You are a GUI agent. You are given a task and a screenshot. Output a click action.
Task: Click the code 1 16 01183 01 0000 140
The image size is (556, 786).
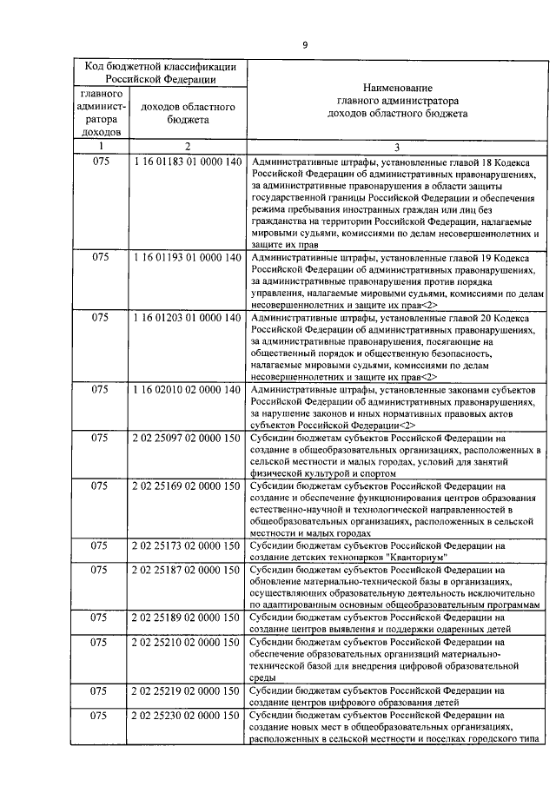click(187, 162)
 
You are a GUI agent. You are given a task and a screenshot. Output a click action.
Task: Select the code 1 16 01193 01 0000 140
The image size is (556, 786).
click(187, 258)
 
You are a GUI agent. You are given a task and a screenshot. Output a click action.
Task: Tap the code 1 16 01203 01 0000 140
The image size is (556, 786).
click(187, 318)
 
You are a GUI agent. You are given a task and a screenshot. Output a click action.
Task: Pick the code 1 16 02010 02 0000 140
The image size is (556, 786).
click(187, 390)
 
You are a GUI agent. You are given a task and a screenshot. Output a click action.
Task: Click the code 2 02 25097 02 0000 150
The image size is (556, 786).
click(187, 438)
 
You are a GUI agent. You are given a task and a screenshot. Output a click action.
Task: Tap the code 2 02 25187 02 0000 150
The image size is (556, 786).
click(187, 570)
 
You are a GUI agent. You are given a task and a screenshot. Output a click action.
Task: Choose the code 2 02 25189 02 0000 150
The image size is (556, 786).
click(187, 618)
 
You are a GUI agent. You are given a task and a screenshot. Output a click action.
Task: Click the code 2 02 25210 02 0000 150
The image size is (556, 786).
click(187, 642)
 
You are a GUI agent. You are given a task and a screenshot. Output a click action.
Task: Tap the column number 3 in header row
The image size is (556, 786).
click(396, 146)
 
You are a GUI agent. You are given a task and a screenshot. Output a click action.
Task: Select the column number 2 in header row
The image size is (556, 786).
click(187, 146)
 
